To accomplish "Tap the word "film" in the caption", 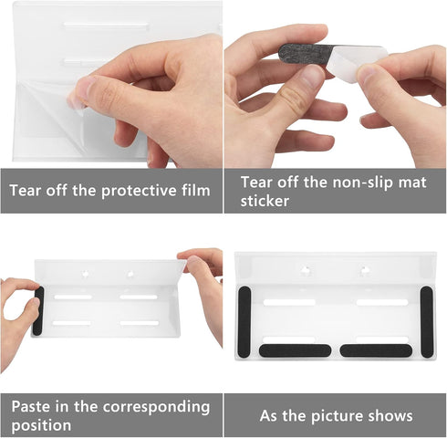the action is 196,190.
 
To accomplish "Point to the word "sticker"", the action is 265,201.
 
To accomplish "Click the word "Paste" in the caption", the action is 30,406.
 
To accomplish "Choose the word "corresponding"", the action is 156,408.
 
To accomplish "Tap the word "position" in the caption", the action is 41,425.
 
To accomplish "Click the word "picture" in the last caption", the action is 337,416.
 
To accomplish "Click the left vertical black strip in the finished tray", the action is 244,322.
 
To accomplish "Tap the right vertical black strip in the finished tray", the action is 427,322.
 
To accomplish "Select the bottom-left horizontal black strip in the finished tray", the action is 295,350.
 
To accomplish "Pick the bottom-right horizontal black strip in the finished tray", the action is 376,350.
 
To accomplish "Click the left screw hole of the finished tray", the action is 306,270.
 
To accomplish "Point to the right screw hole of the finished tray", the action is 364,269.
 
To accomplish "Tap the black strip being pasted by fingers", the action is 38,310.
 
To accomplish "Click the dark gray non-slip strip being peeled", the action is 306,54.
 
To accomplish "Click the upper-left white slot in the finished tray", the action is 289,302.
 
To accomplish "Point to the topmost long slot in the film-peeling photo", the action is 106,26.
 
